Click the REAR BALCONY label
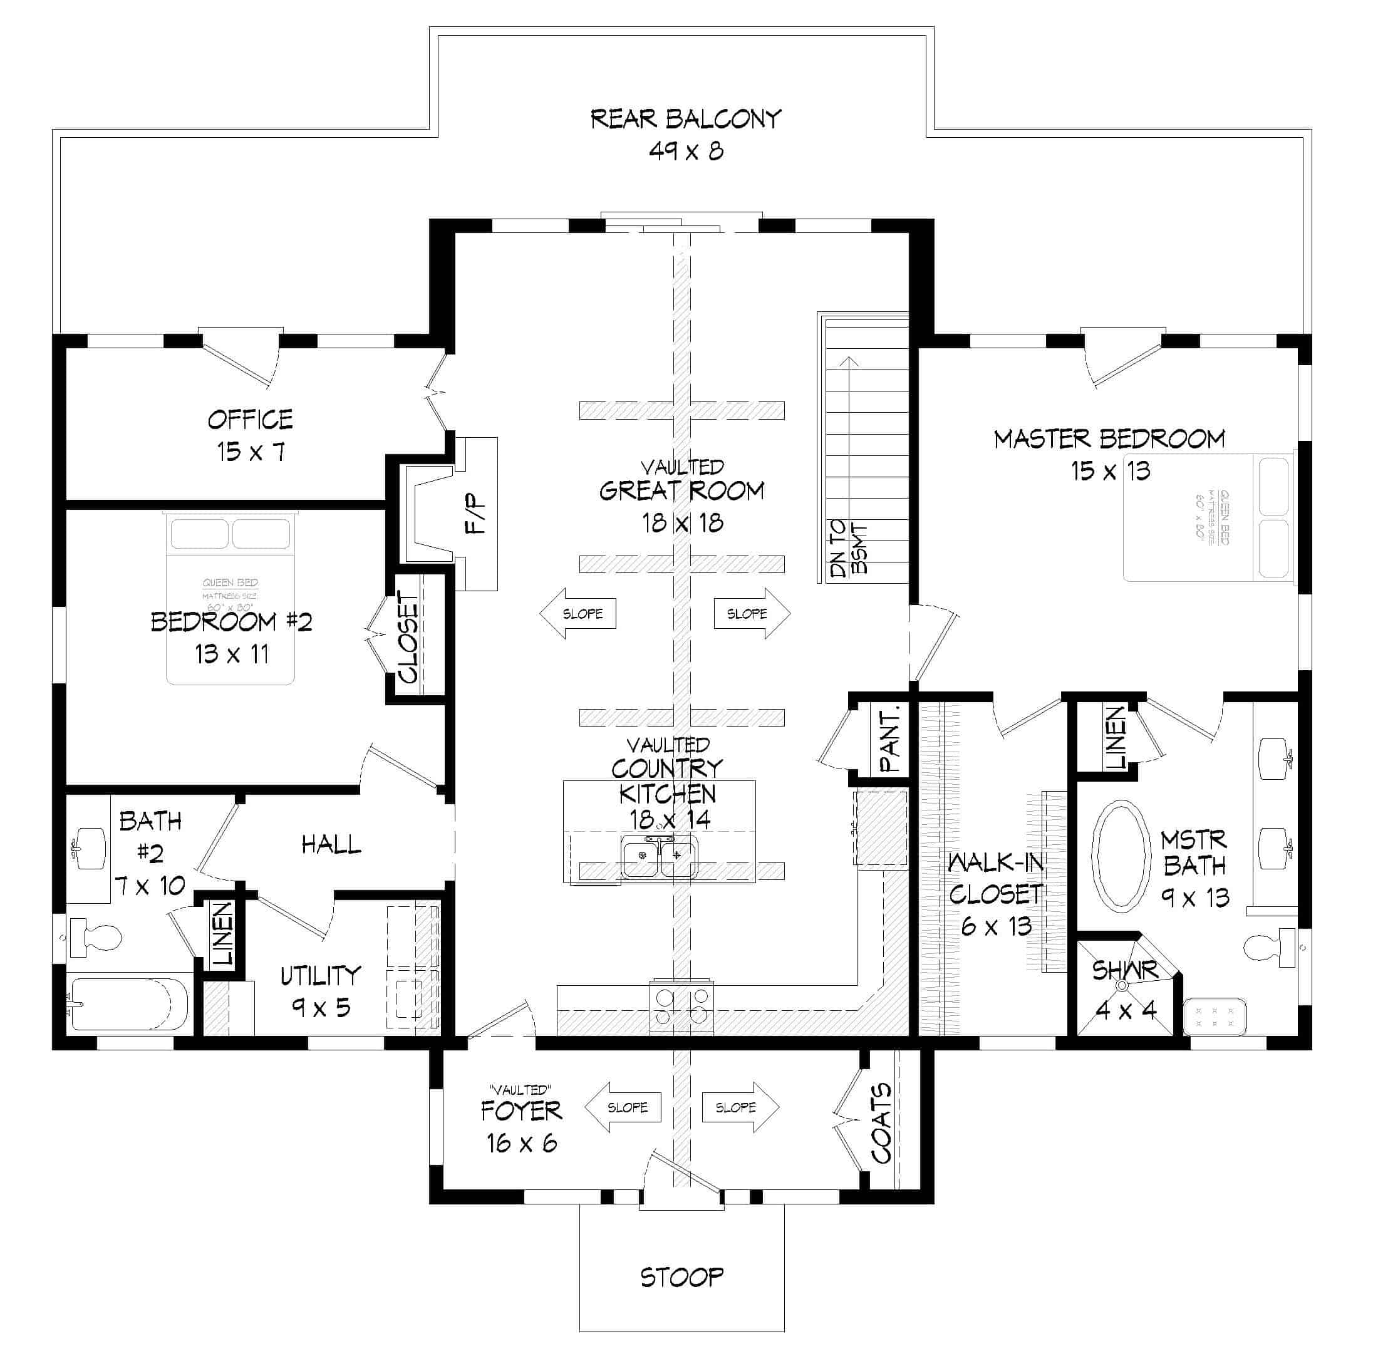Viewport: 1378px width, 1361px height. coord(685,118)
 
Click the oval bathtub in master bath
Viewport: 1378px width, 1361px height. coord(1122,856)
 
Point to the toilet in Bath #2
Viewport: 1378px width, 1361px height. coord(97,937)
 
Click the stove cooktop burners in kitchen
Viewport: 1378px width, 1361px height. coord(681,1007)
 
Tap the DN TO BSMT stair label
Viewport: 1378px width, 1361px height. coord(849,548)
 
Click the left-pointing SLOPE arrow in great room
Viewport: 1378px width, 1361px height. coord(578,613)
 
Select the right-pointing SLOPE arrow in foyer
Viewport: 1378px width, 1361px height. coord(740,1108)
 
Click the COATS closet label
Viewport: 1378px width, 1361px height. coord(881,1123)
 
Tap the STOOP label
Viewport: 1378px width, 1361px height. coord(681,1276)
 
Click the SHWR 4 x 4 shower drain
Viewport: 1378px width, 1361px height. coord(1122,986)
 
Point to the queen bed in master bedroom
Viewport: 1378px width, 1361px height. coord(1208,517)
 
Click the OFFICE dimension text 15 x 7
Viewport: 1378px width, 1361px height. coord(251,452)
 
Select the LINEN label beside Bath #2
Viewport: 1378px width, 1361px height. coord(223,934)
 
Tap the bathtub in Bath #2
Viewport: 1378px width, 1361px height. coord(128,1005)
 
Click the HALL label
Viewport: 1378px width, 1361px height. coord(331,846)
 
